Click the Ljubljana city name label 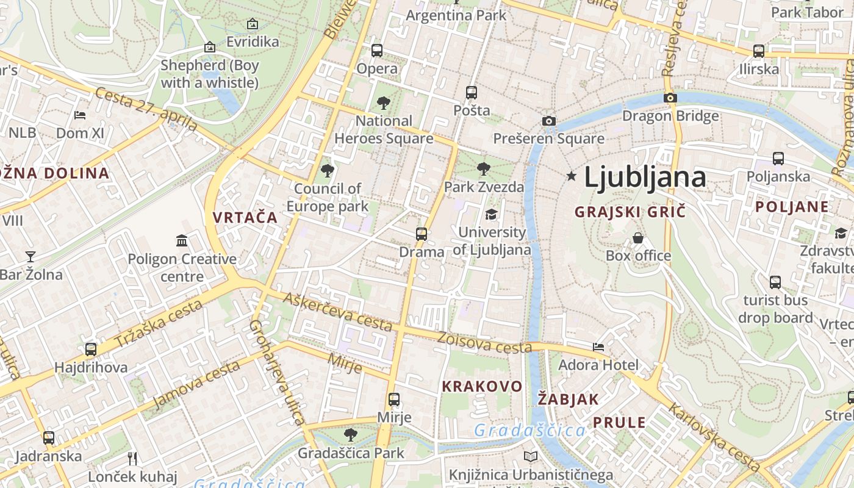point(645,177)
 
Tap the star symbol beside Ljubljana point(572,176)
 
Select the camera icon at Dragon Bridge point(670,98)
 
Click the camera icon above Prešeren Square point(549,121)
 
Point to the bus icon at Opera point(377,51)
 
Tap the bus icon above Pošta point(472,93)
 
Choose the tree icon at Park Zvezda point(484,168)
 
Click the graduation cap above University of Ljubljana point(491,214)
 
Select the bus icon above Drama point(422,234)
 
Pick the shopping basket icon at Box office point(638,238)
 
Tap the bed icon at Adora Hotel point(598,347)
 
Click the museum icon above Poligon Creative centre point(182,240)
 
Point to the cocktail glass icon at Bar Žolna point(30,257)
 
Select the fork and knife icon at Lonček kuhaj point(132,458)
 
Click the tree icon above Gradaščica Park point(351,435)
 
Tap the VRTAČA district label point(245,217)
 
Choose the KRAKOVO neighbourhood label point(482,386)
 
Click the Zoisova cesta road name point(484,343)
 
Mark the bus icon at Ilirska point(759,51)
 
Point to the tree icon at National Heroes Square point(384,102)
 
